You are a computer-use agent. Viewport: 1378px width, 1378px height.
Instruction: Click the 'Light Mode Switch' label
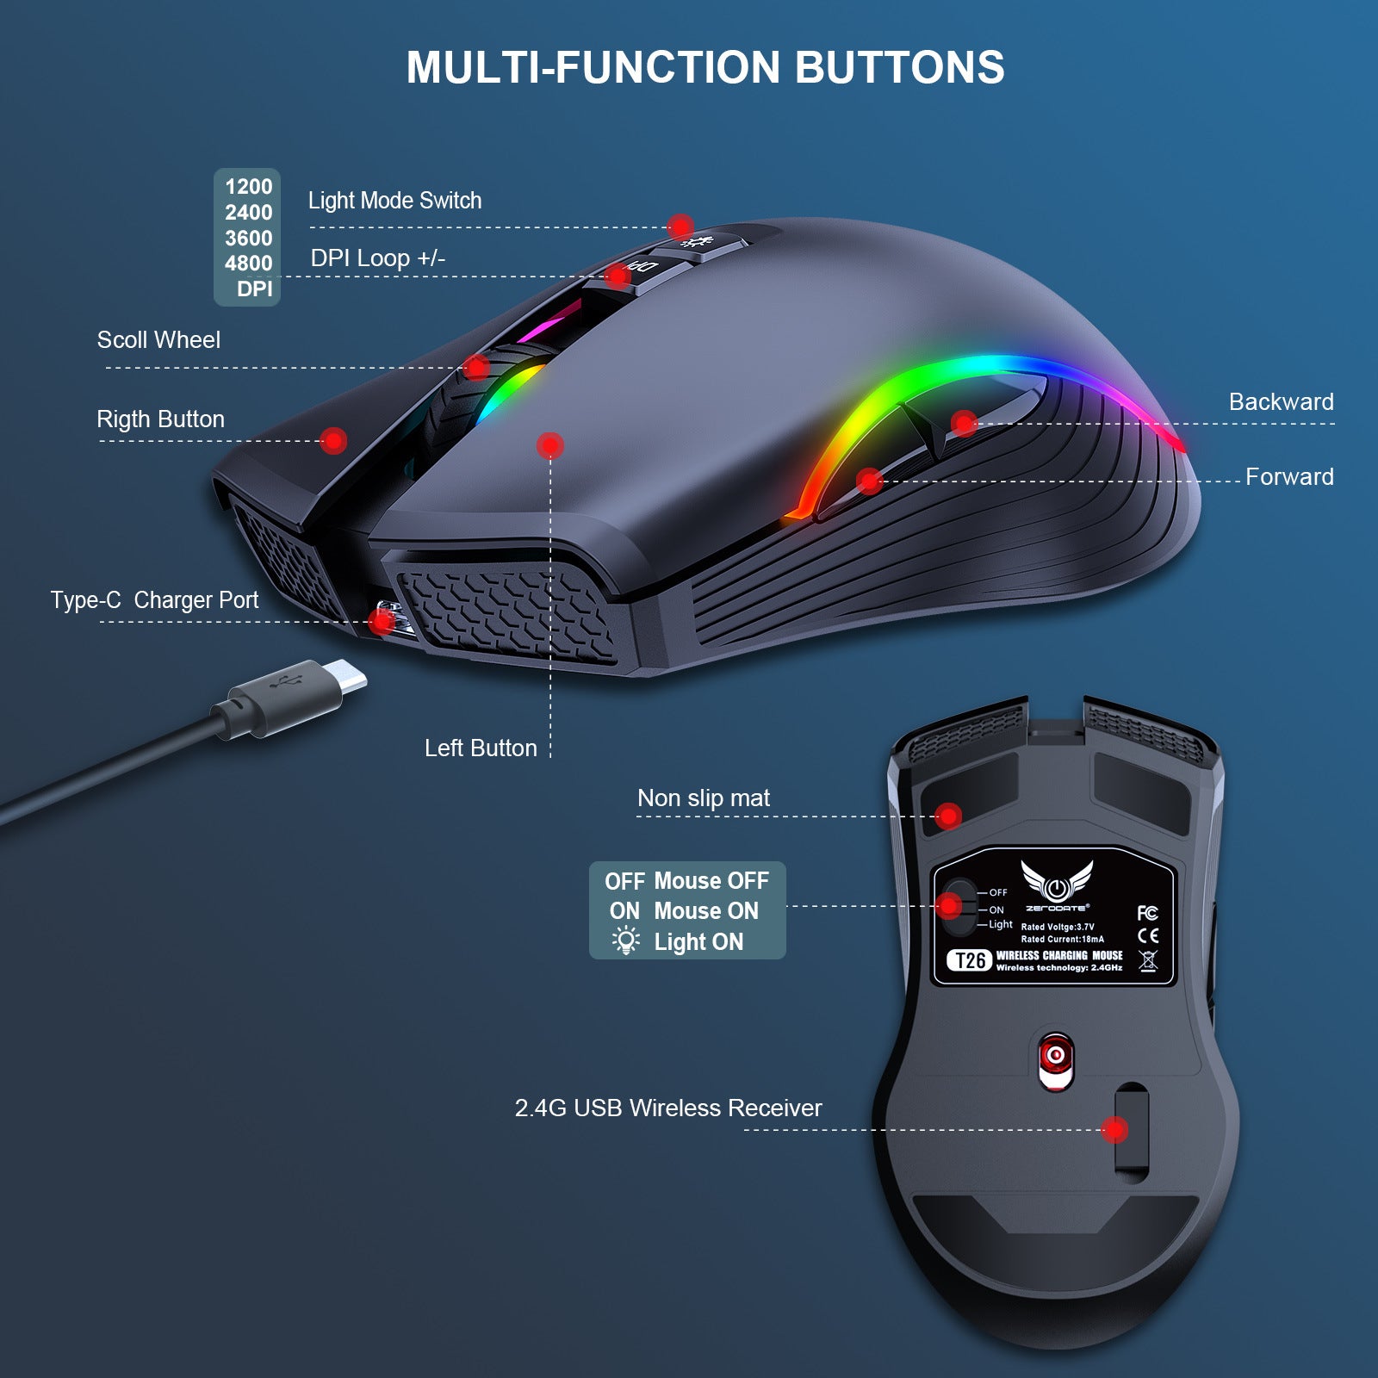coord(394,201)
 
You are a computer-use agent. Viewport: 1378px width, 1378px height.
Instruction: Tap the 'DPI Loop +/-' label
coord(377,258)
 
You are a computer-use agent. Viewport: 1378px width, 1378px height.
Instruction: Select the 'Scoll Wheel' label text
coord(158,339)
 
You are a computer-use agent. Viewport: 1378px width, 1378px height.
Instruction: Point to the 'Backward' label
coord(1281,401)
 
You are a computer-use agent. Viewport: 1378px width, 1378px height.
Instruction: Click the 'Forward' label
coord(1289,476)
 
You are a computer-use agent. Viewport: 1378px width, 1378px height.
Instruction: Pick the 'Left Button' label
coord(481,748)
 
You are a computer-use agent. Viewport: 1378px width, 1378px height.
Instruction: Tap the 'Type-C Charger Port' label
coord(154,599)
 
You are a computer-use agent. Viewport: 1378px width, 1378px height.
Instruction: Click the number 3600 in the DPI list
coord(248,238)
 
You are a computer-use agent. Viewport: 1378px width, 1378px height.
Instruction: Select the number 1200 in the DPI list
coord(248,187)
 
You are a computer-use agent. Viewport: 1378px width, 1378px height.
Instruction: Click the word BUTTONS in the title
coord(899,67)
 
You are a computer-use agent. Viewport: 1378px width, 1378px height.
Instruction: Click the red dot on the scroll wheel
coord(476,367)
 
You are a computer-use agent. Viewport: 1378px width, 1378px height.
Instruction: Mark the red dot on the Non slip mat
coord(948,816)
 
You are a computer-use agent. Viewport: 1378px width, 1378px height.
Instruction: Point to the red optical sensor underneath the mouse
coord(1056,1056)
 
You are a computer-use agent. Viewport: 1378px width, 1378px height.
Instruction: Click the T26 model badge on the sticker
coord(970,960)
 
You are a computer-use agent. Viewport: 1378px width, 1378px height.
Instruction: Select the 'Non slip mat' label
coord(704,798)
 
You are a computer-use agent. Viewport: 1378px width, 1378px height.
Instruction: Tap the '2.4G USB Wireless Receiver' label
coord(668,1108)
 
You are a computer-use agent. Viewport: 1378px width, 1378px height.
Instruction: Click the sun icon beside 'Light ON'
coord(625,940)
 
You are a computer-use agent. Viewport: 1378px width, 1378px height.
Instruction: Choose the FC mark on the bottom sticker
coord(1147,913)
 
